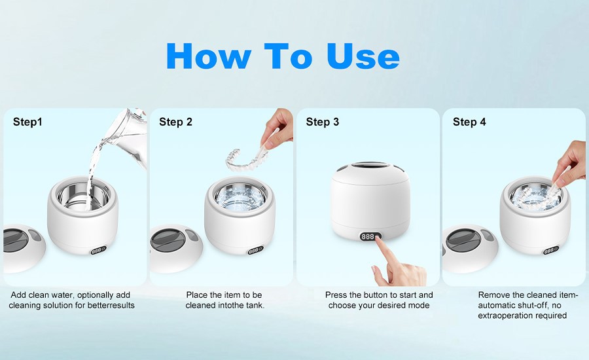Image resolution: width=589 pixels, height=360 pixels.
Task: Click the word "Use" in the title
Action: pos(363,56)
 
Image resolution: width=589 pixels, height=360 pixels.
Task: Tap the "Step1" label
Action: pos(27,122)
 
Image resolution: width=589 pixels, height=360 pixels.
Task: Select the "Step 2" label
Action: pos(175,122)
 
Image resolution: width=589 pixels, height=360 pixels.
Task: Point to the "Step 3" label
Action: pos(322,122)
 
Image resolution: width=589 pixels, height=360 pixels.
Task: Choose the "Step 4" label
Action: pos(469,122)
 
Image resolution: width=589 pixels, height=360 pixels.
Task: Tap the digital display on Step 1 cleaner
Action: pos(98,250)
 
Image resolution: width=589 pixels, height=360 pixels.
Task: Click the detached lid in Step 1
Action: pos(24,248)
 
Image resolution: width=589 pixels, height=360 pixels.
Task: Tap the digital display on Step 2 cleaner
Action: pos(255,250)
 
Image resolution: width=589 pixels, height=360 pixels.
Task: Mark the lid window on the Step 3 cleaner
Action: pos(369,166)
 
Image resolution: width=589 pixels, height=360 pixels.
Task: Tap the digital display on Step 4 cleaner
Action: pos(551,250)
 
